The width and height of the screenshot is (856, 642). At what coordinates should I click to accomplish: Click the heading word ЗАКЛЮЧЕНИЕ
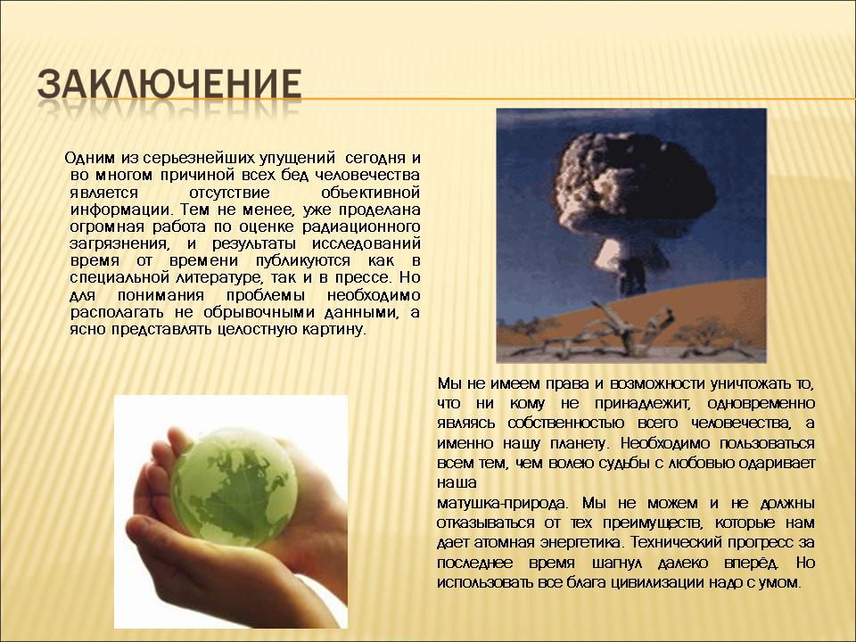(169, 84)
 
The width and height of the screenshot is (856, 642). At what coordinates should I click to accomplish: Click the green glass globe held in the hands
(235, 487)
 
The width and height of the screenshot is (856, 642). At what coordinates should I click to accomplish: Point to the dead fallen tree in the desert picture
(606, 332)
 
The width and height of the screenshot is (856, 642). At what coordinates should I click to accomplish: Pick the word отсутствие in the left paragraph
(229, 193)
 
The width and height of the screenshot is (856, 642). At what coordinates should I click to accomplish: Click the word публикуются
(303, 261)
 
